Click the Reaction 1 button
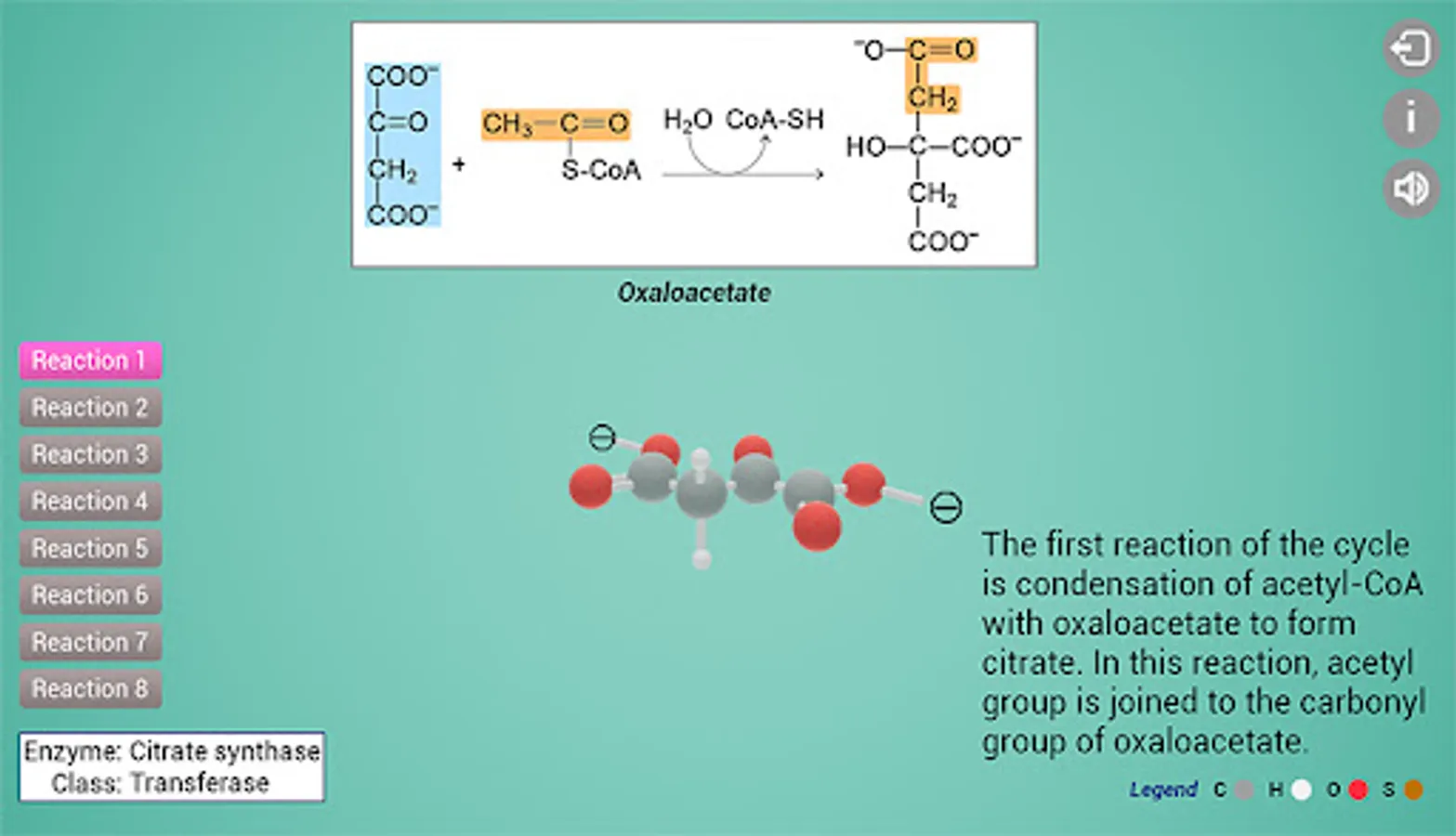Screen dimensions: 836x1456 coord(90,360)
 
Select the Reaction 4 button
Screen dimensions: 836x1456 coord(90,502)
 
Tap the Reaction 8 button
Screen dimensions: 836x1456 coord(90,689)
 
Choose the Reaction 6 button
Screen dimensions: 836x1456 coord(90,595)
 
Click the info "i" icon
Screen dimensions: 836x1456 coord(1410,118)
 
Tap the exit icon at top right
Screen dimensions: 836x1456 coord(1410,48)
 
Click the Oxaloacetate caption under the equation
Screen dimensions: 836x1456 coord(694,293)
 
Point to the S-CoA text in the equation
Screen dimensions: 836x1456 coord(601,170)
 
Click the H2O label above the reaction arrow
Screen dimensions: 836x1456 coord(688,120)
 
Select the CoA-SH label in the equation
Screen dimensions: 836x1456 coord(774,120)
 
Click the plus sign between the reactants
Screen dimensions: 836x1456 coord(458,164)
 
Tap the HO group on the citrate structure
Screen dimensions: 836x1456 coord(865,147)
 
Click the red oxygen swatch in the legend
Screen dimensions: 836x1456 coord(1358,790)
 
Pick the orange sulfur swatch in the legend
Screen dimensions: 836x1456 coord(1413,790)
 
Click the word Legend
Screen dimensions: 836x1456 coord(1163,790)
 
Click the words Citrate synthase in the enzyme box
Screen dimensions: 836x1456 coord(224,751)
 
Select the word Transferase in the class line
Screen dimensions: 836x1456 coord(200,783)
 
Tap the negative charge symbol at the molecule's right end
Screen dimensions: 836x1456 coord(946,507)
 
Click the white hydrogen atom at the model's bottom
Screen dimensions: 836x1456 coord(702,559)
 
